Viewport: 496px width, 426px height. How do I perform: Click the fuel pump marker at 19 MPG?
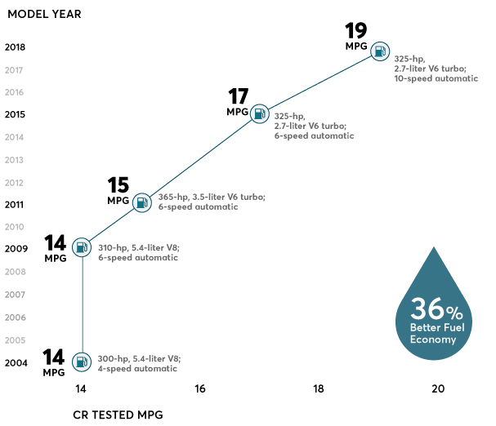380,51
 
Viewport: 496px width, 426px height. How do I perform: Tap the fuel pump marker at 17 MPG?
260,113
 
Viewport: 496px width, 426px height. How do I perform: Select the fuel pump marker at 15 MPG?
141,202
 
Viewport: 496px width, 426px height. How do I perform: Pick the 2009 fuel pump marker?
82,246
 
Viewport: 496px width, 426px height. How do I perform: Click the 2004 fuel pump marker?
82,361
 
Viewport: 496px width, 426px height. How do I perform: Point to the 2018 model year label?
14,47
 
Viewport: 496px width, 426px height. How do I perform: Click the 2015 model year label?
14,115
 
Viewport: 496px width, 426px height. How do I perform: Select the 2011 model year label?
14,205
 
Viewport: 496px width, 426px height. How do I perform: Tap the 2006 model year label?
14,317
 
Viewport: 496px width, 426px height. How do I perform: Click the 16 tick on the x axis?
200,389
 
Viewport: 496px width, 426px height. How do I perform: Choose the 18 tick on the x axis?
319,389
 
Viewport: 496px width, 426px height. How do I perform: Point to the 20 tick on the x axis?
438,389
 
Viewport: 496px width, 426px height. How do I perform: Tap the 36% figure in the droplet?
436,310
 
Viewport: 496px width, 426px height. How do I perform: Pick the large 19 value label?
355,32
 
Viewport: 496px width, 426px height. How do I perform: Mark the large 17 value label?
238,96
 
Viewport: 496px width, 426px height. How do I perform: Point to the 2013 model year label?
14,160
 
